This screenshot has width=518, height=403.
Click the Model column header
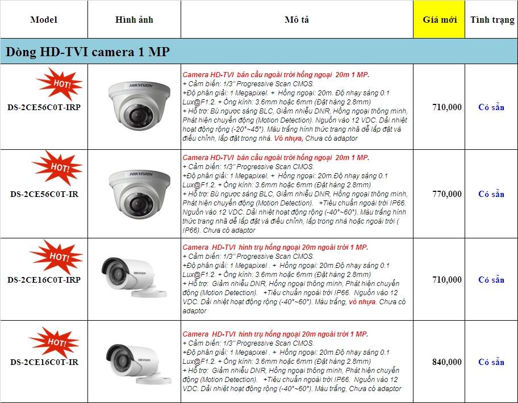(44, 20)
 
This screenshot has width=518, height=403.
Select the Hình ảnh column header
(134, 20)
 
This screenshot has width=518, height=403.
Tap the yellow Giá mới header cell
(440, 20)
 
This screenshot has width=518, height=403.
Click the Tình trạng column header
(492, 20)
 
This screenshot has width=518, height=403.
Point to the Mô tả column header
(296, 20)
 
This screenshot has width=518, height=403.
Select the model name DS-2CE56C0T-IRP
(44, 107)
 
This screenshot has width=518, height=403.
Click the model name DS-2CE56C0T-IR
(44, 194)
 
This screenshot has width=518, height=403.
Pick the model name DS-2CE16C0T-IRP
(44, 280)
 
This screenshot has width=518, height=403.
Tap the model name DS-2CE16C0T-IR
(44, 362)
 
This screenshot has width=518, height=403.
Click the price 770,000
(446, 194)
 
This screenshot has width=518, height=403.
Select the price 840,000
(446, 362)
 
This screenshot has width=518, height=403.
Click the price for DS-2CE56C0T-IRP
(446, 107)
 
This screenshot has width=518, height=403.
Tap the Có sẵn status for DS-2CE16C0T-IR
(491, 362)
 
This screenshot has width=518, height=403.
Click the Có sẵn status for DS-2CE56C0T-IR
(491, 194)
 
